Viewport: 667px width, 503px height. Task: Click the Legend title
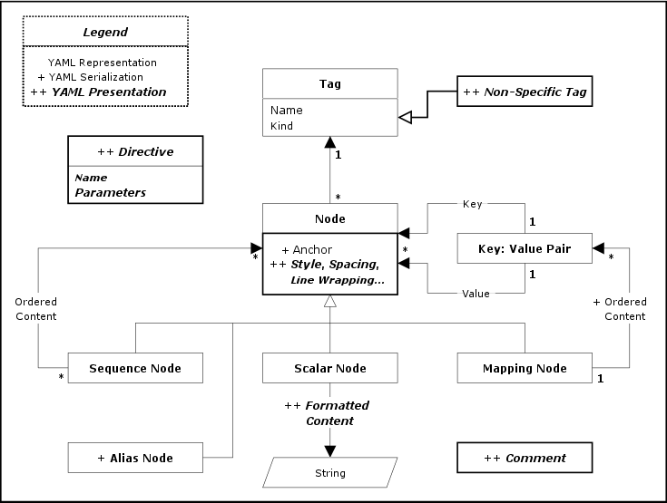[x=104, y=32]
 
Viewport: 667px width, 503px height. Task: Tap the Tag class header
[x=330, y=84]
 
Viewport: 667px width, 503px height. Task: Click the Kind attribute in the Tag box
[x=281, y=126]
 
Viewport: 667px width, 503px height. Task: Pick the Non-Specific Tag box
[x=525, y=92]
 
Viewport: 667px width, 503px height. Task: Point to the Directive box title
[x=134, y=150]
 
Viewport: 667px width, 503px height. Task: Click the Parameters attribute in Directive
[x=110, y=192]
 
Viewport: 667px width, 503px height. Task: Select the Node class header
[x=330, y=218]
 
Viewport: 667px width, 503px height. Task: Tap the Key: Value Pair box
[x=525, y=248]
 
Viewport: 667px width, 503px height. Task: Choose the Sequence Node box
[x=135, y=368]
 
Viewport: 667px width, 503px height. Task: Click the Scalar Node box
[x=330, y=368]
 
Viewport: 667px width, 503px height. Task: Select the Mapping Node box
[x=525, y=368]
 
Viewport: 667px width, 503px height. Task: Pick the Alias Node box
[x=135, y=458]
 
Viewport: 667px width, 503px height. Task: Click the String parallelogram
[x=330, y=472]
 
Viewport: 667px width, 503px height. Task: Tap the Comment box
[x=525, y=458]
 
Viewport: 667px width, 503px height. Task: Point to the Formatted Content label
[x=328, y=413]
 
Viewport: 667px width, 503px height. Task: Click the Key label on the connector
[x=472, y=205]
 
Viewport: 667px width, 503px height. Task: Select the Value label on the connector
[x=475, y=293]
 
